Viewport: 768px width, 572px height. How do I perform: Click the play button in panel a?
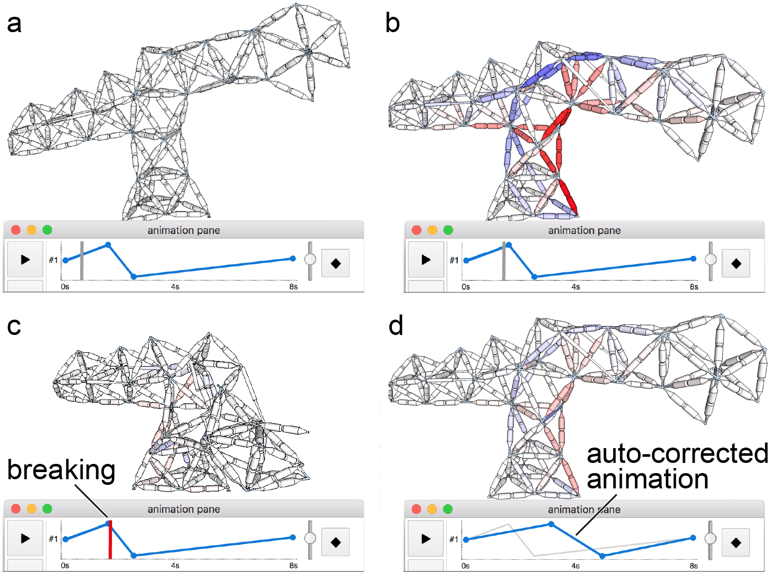tap(25, 260)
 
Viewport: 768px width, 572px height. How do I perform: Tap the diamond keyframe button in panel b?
tap(736, 264)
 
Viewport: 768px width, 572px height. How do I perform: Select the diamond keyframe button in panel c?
tap(335, 542)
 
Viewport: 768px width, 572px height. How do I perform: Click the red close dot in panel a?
tap(16, 230)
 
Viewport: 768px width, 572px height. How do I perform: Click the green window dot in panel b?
tap(448, 230)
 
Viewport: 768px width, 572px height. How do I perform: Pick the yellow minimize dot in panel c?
tap(32, 509)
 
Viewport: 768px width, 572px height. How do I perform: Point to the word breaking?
tap(61, 470)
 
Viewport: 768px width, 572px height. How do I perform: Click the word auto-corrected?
tap(677, 453)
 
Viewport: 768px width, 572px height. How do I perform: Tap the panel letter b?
tap(392, 23)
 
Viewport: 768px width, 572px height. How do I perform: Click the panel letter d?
tap(395, 325)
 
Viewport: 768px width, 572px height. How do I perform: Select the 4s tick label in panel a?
tap(175, 287)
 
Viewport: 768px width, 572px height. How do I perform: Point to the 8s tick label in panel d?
tap(694, 566)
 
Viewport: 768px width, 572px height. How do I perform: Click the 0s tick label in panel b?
tap(465, 287)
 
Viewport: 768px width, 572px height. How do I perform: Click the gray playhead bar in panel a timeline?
tap(82, 261)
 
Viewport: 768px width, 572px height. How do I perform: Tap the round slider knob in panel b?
tap(710, 259)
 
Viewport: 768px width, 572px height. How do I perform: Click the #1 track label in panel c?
tap(54, 539)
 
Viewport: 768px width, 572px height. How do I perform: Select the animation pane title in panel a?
tap(183, 230)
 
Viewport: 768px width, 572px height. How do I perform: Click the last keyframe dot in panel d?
tap(693, 538)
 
